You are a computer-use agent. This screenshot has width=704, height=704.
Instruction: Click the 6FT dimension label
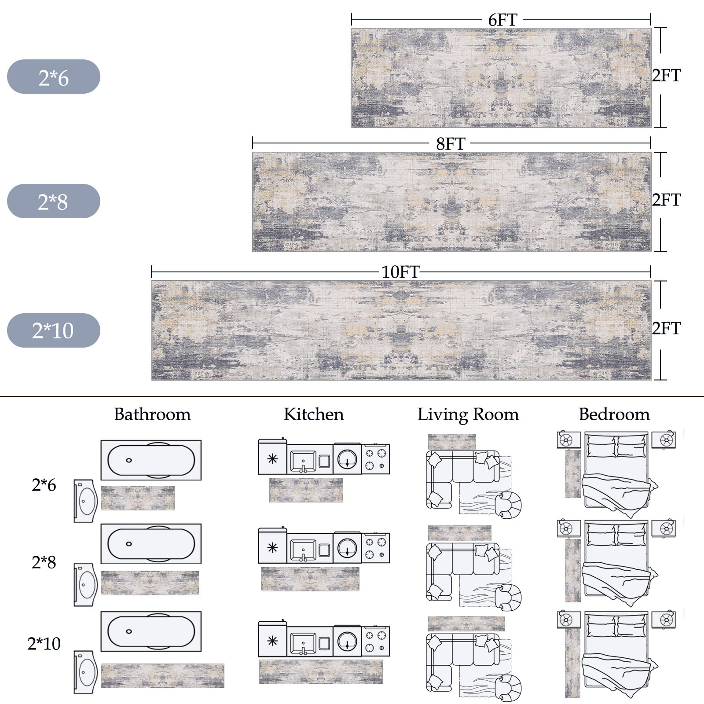502,20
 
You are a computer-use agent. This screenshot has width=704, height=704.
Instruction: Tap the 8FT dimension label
450,144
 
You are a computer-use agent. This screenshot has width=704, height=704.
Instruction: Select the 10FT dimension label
400,272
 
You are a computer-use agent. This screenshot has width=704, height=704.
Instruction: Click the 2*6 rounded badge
54,77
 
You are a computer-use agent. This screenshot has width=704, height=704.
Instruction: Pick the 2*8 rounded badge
54,201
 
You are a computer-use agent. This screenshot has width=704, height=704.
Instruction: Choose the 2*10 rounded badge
54,330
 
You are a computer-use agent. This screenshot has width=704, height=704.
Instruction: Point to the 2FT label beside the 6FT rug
666,76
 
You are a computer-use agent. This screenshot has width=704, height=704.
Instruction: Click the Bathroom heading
152,414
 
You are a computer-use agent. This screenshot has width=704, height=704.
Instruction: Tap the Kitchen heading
314,414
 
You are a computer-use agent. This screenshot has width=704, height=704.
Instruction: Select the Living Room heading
468,414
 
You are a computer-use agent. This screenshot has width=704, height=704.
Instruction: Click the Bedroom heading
614,414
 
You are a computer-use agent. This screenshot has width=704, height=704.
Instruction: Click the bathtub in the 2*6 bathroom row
151,460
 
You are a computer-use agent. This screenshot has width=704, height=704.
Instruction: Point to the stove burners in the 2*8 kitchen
376,548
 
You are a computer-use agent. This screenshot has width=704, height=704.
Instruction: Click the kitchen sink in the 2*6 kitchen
303,460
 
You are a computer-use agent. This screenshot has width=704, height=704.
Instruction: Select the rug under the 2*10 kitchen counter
321,672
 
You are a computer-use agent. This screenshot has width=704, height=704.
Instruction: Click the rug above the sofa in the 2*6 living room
452,442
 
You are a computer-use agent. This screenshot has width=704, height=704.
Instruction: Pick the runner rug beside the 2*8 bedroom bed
573,570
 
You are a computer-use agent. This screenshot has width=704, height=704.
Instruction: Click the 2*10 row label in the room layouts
44,644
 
